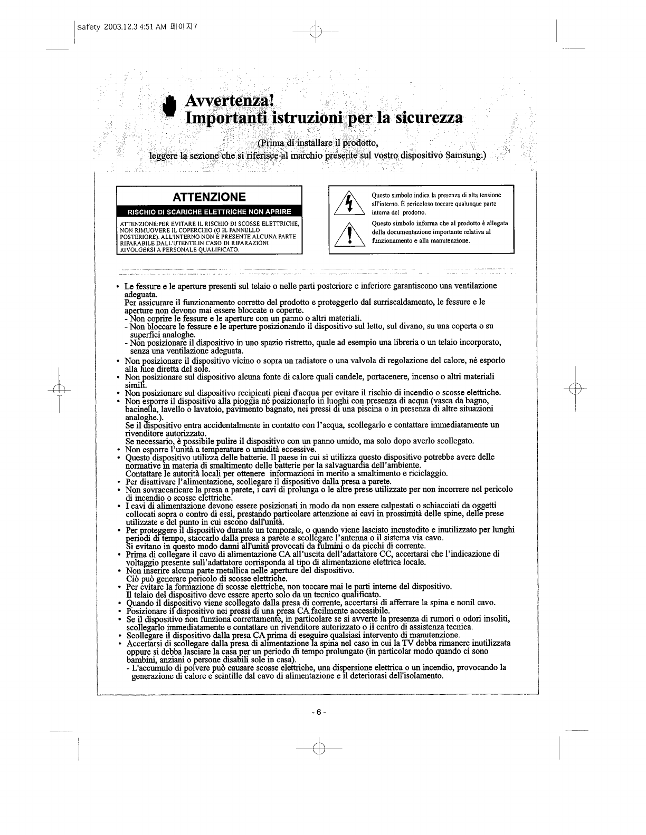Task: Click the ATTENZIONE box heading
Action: (x=210, y=197)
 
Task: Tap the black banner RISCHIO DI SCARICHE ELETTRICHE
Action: (x=210, y=212)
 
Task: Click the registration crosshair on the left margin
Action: (x=59, y=390)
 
